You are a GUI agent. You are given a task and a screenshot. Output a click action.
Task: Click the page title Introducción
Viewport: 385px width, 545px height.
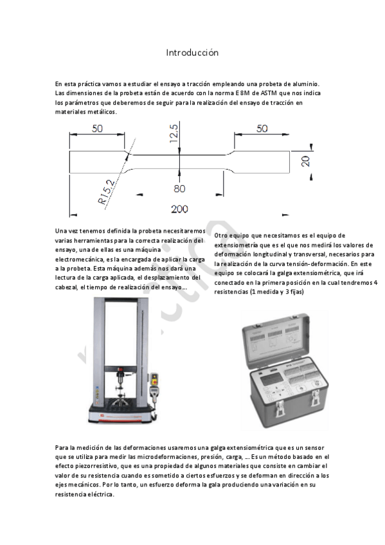192,52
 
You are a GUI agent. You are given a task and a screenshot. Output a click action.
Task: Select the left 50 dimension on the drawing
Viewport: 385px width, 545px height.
97,129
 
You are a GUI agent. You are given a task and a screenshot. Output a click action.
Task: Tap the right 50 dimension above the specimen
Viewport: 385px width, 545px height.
262,129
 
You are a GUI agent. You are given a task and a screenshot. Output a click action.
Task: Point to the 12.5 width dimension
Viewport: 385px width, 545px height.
174,136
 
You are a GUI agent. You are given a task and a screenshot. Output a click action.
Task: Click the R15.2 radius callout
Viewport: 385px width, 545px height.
107,192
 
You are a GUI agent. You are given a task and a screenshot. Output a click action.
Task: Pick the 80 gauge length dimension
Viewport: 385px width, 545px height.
179,188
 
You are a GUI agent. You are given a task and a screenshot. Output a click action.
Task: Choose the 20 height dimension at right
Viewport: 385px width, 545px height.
305,160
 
